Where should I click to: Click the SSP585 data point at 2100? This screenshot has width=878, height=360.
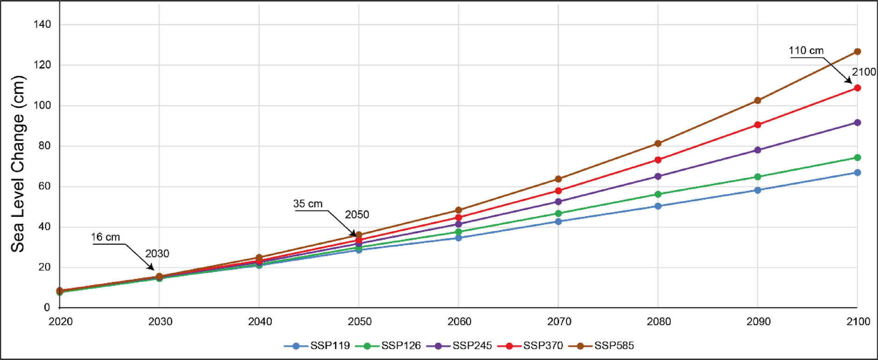click(857, 52)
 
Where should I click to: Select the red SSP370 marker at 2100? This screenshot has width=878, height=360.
click(857, 88)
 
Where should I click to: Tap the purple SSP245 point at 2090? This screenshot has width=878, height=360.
click(758, 150)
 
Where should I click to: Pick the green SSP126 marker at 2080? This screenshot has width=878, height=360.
click(658, 194)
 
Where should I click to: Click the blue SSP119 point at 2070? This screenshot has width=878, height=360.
click(558, 222)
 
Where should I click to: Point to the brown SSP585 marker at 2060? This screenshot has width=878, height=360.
click(459, 210)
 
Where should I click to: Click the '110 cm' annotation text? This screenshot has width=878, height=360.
click(806, 51)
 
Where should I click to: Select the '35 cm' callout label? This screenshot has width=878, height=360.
click(308, 204)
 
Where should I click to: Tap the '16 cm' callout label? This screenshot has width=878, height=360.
click(105, 237)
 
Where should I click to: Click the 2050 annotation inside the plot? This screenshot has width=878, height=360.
click(357, 215)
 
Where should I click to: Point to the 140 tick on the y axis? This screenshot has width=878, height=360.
click(42, 24)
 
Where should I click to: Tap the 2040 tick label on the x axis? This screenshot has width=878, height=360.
click(260, 321)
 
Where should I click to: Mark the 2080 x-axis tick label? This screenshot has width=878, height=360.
click(659, 321)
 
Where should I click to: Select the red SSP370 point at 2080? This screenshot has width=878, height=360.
click(658, 160)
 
